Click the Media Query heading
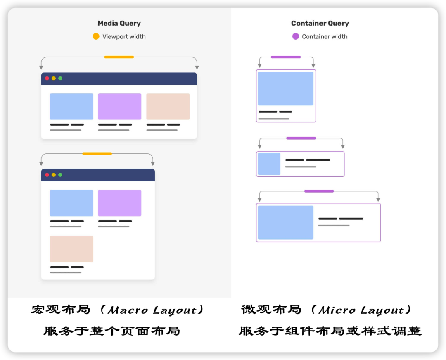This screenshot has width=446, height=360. click(x=119, y=24)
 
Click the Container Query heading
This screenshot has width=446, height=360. click(x=320, y=24)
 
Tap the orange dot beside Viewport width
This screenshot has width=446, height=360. click(x=96, y=36)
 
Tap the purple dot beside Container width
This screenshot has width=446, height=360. click(x=295, y=36)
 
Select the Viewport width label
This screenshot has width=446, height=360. click(x=124, y=36)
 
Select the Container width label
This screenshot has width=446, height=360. click(x=325, y=36)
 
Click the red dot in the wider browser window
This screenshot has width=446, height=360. click(x=47, y=78)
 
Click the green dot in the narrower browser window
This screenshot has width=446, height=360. click(x=60, y=175)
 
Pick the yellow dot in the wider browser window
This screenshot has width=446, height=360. click(x=54, y=78)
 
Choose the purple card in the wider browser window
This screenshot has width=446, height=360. click(x=119, y=107)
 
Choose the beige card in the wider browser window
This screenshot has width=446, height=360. click(x=168, y=107)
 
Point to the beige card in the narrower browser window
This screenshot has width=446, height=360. click(x=71, y=249)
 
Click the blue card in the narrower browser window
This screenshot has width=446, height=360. click(x=71, y=203)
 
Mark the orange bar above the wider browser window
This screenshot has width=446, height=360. click(x=119, y=57)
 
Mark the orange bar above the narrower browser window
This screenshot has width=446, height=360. click(x=97, y=153)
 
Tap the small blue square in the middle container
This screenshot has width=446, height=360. click(x=269, y=164)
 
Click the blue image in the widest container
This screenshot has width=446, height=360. click(x=285, y=222)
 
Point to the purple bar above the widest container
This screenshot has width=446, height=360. click(x=319, y=191)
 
